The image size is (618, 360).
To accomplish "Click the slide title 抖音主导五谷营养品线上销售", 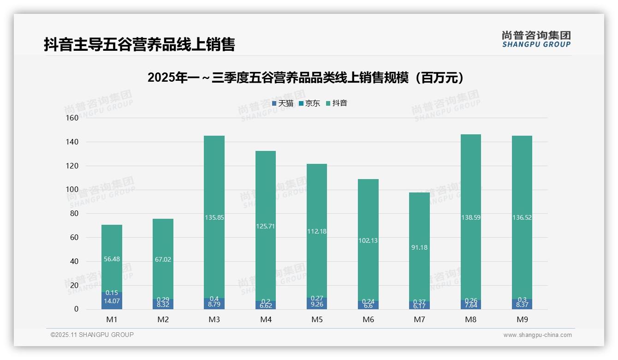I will click(139, 44).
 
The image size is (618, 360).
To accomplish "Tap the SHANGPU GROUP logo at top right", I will click(536, 39).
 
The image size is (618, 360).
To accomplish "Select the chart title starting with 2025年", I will click(305, 78).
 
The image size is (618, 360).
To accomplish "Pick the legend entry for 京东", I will click(309, 103).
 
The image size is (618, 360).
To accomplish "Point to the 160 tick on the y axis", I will click(73, 118).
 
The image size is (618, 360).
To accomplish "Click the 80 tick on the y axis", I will click(74, 213).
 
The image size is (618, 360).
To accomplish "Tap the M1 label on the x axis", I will click(112, 319).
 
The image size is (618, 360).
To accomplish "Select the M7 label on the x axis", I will click(419, 319).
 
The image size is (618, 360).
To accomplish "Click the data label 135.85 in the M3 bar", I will click(214, 217).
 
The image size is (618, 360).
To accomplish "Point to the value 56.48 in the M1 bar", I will click(112, 259).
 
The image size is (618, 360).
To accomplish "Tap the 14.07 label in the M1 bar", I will click(112, 301).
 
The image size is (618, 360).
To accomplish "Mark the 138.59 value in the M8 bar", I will click(470, 217).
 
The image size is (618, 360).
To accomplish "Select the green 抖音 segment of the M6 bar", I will click(368, 208).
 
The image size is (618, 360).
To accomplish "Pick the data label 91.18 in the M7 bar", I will click(419, 247).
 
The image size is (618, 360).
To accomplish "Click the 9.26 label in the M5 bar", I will click(317, 305).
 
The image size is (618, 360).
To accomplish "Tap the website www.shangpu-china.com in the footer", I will click(537, 335).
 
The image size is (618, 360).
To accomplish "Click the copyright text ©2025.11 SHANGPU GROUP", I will click(92, 335).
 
